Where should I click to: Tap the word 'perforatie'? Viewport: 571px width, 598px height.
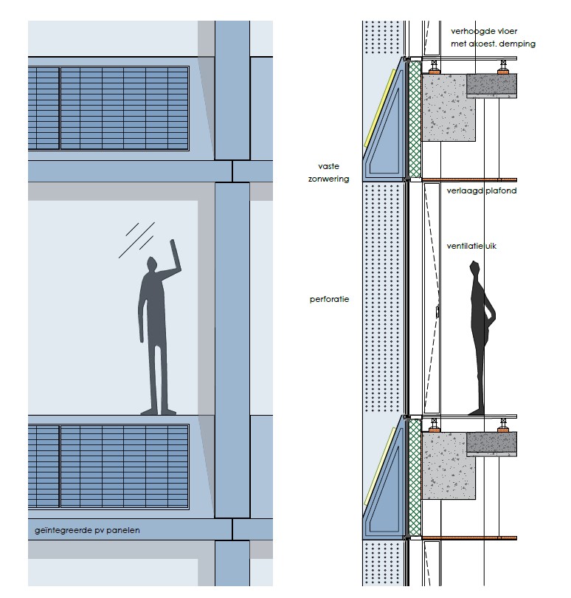[329, 300]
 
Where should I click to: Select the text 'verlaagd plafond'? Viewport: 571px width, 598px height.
[482, 190]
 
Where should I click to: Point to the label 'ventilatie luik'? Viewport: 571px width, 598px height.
[471, 246]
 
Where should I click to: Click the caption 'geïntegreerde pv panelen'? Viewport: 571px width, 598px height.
[87, 530]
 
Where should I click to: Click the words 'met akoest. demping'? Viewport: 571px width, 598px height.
[493, 44]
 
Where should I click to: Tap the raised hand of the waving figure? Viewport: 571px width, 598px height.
[173, 245]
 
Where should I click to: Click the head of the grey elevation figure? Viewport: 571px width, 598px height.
[153, 264]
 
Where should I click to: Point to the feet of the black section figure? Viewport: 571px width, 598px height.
[476, 410]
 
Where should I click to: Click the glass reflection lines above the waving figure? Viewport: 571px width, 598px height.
[138, 239]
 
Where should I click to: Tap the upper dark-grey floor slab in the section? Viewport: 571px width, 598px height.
[492, 86]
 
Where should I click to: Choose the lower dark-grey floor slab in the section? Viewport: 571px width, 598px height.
[492, 442]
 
